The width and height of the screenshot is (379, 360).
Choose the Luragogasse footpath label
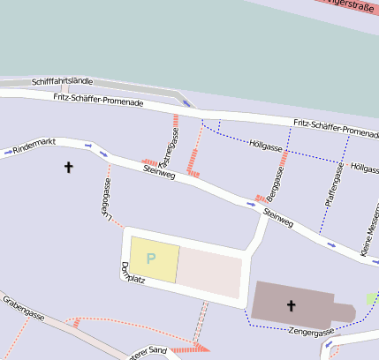(x=105, y=198)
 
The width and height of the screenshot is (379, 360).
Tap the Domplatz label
(x=133, y=274)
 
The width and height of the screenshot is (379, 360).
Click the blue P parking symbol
(x=151, y=259)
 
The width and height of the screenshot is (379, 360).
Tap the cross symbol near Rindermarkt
(x=69, y=167)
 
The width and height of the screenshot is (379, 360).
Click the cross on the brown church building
(x=292, y=306)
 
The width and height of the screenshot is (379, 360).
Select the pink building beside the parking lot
(x=210, y=272)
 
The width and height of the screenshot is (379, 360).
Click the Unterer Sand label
(x=148, y=353)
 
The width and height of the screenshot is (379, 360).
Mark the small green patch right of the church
(x=371, y=299)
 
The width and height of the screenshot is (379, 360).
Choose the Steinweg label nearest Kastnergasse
(x=159, y=171)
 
